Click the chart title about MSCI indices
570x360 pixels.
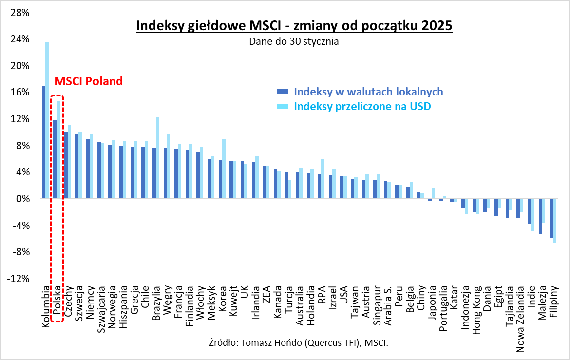(x=294, y=26)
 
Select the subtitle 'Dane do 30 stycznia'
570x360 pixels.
(x=294, y=42)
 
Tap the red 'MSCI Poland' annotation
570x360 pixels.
(x=88, y=81)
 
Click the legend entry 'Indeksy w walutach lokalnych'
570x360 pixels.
(x=368, y=92)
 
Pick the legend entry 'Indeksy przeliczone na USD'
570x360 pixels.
(x=362, y=106)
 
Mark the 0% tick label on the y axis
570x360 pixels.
(x=22, y=199)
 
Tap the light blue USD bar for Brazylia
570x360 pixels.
(x=157, y=158)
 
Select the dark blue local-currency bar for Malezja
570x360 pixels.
(x=540, y=216)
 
